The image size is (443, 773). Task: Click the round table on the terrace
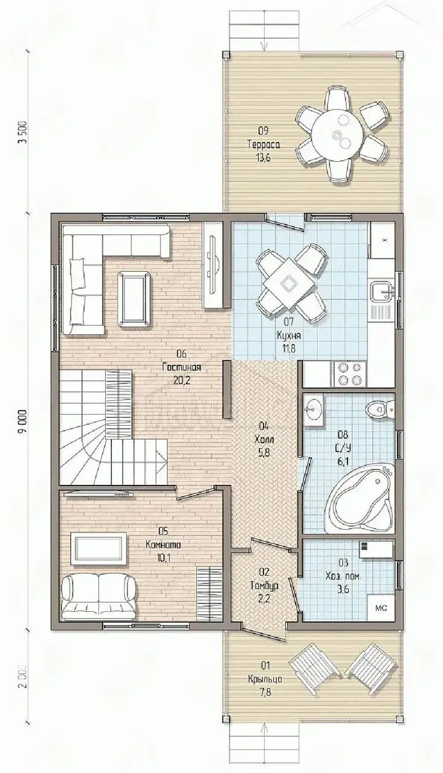(x=338, y=135)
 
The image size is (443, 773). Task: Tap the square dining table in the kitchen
(x=288, y=284)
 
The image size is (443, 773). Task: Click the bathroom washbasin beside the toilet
(x=314, y=411)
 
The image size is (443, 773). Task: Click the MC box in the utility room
(x=381, y=608)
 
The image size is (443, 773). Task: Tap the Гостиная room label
(x=182, y=367)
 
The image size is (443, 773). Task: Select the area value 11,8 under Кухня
(x=289, y=348)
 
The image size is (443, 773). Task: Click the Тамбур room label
(x=265, y=586)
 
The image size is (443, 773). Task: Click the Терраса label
(x=264, y=145)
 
